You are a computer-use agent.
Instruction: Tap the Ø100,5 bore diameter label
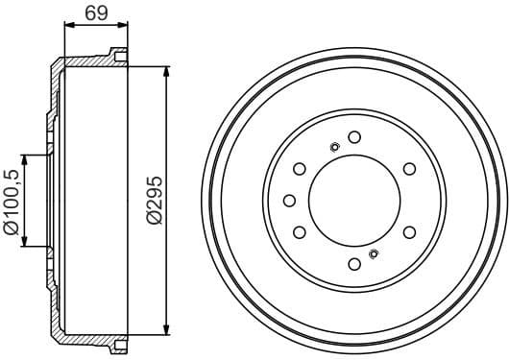click(12, 201)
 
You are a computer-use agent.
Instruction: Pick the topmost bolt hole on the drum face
click(354, 136)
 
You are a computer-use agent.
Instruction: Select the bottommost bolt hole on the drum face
click(354, 263)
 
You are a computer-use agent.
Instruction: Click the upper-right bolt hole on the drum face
click(409, 169)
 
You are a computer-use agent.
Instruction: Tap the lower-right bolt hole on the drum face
click(409, 231)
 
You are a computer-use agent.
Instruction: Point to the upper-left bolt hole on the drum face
click(300, 169)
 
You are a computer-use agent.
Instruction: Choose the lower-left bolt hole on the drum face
click(300, 231)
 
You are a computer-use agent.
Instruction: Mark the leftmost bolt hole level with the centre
click(288, 200)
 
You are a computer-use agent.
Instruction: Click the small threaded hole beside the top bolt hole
click(333, 147)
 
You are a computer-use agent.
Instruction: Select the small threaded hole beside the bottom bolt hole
click(374, 253)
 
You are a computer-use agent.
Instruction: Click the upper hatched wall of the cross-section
click(91, 60)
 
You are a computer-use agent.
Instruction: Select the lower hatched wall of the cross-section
click(91, 339)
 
